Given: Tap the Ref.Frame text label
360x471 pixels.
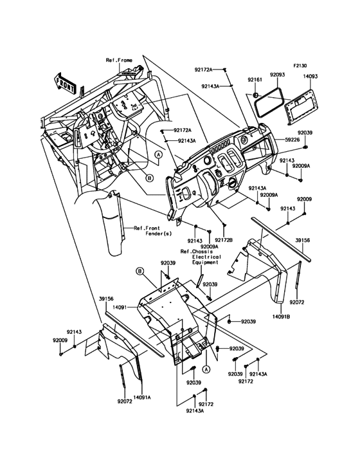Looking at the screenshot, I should pyautogui.click(x=119, y=60).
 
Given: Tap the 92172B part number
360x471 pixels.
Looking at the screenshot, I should pyautogui.click(x=225, y=241).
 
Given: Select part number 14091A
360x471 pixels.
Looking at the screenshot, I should pyautogui.click(x=142, y=398).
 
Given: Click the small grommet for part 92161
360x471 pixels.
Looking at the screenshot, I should pyautogui.click(x=255, y=95).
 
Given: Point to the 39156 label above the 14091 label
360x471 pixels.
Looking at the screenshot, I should pyautogui.click(x=107, y=299).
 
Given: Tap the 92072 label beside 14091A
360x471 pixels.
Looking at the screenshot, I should pyautogui.click(x=125, y=401).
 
